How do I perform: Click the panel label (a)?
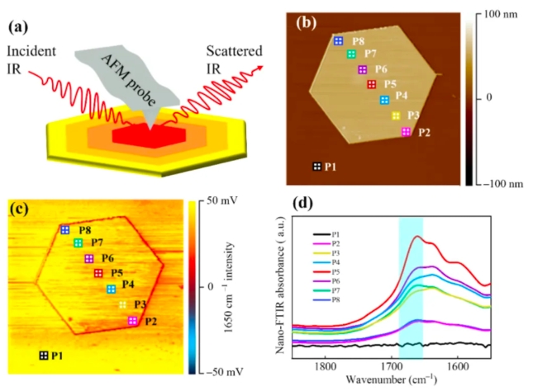(x=18, y=28)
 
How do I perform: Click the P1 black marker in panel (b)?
(x=317, y=167)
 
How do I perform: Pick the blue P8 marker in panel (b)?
(x=337, y=40)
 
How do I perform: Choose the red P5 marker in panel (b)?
(x=371, y=84)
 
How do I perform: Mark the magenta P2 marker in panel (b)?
(x=406, y=132)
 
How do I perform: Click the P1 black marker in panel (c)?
(x=43, y=356)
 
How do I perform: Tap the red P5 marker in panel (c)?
(x=98, y=273)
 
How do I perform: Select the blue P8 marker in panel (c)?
(x=64, y=230)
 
